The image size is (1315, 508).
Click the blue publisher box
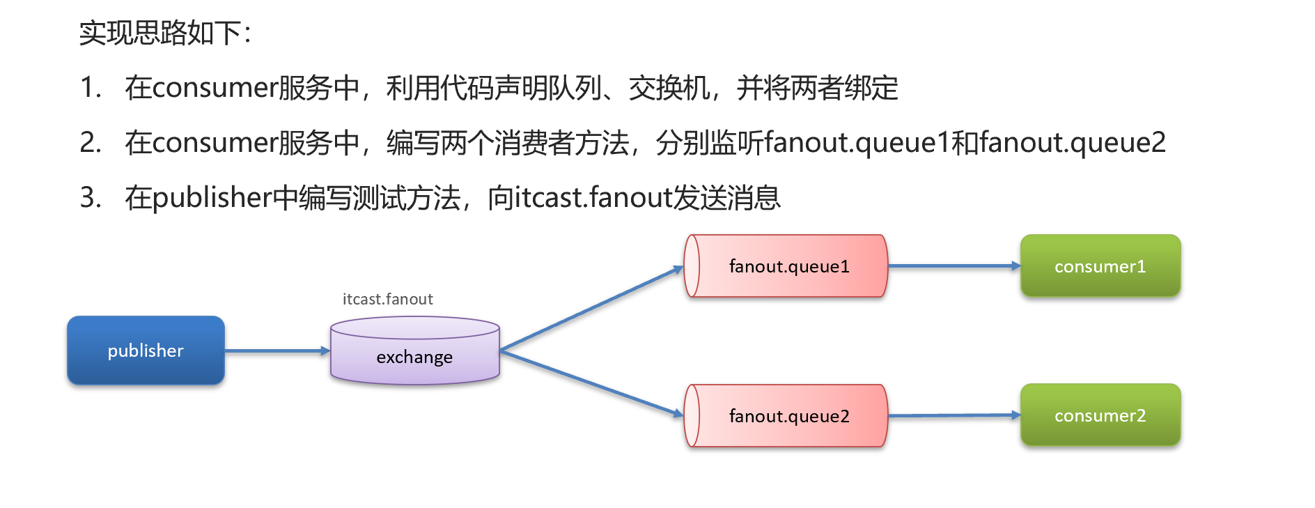(x=146, y=351)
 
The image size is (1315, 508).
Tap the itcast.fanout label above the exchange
(x=387, y=300)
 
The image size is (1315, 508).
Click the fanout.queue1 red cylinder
(x=787, y=266)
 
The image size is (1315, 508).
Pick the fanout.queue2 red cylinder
(x=787, y=416)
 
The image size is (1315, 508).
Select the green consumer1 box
(x=1100, y=266)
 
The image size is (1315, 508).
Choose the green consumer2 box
(x=1100, y=415)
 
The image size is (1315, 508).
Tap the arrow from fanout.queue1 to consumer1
(x=954, y=266)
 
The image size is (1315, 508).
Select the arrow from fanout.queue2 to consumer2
(x=954, y=416)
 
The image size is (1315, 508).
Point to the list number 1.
(x=90, y=88)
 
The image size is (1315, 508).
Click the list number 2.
(x=90, y=143)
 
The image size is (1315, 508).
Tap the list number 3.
(x=90, y=198)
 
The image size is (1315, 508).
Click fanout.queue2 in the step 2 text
(x=1072, y=143)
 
